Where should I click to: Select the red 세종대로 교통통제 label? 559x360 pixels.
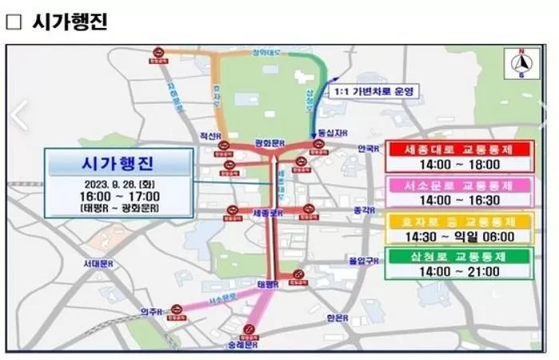[458, 149]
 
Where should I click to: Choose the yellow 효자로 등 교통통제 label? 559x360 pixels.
[458, 220]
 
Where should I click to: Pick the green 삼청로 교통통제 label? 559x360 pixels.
[458, 255]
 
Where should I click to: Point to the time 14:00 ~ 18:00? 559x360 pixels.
[458, 165]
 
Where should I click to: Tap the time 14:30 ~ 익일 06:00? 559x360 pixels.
[458, 236]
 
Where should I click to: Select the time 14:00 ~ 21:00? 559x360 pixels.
[458, 271]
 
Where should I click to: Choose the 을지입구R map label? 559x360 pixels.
[359, 261]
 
